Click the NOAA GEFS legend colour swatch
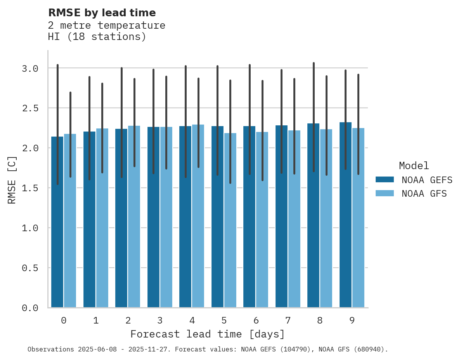pyautogui.click(x=385, y=180)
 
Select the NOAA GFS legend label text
pyautogui.click(x=424, y=194)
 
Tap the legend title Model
pyautogui.click(x=414, y=166)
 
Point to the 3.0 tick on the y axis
pyautogui.click(x=30, y=68)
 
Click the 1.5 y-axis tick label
pyautogui.click(x=30, y=188)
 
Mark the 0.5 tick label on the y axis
pyautogui.click(x=30, y=268)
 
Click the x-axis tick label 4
pyautogui.click(x=192, y=321)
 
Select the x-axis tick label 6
pyautogui.click(x=256, y=321)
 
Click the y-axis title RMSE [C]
pyautogui.click(x=12, y=180)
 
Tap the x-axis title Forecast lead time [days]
pyautogui.click(x=208, y=334)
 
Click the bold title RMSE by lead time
pyautogui.click(x=102, y=13)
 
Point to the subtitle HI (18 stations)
pyautogui.click(x=97, y=37)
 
